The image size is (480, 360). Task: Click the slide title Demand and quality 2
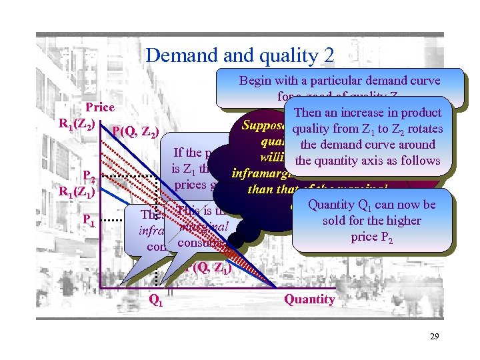(x=240, y=55)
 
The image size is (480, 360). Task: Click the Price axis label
(x=101, y=107)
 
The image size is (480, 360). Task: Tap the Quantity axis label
(x=310, y=299)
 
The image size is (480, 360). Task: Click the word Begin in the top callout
(x=256, y=81)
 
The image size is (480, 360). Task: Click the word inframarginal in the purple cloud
(x=261, y=174)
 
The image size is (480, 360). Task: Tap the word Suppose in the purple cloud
(x=263, y=125)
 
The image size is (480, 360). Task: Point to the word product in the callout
(x=421, y=113)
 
